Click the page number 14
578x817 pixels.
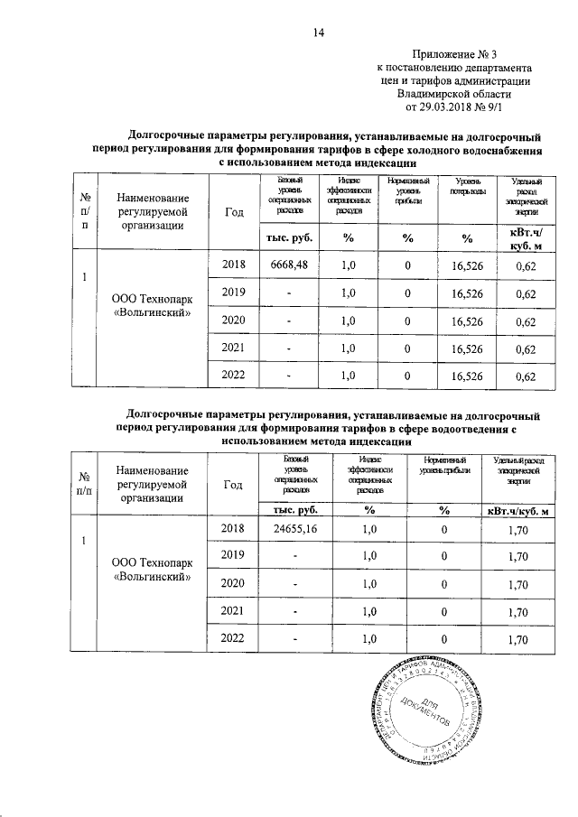click(x=318, y=33)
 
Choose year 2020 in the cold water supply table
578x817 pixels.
click(x=233, y=320)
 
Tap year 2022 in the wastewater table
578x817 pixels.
click(x=233, y=640)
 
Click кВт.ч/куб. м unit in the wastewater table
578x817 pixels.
click(x=517, y=512)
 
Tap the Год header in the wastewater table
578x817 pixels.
click(x=233, y=484)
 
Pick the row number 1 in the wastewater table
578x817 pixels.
click(x=83, y=541)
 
